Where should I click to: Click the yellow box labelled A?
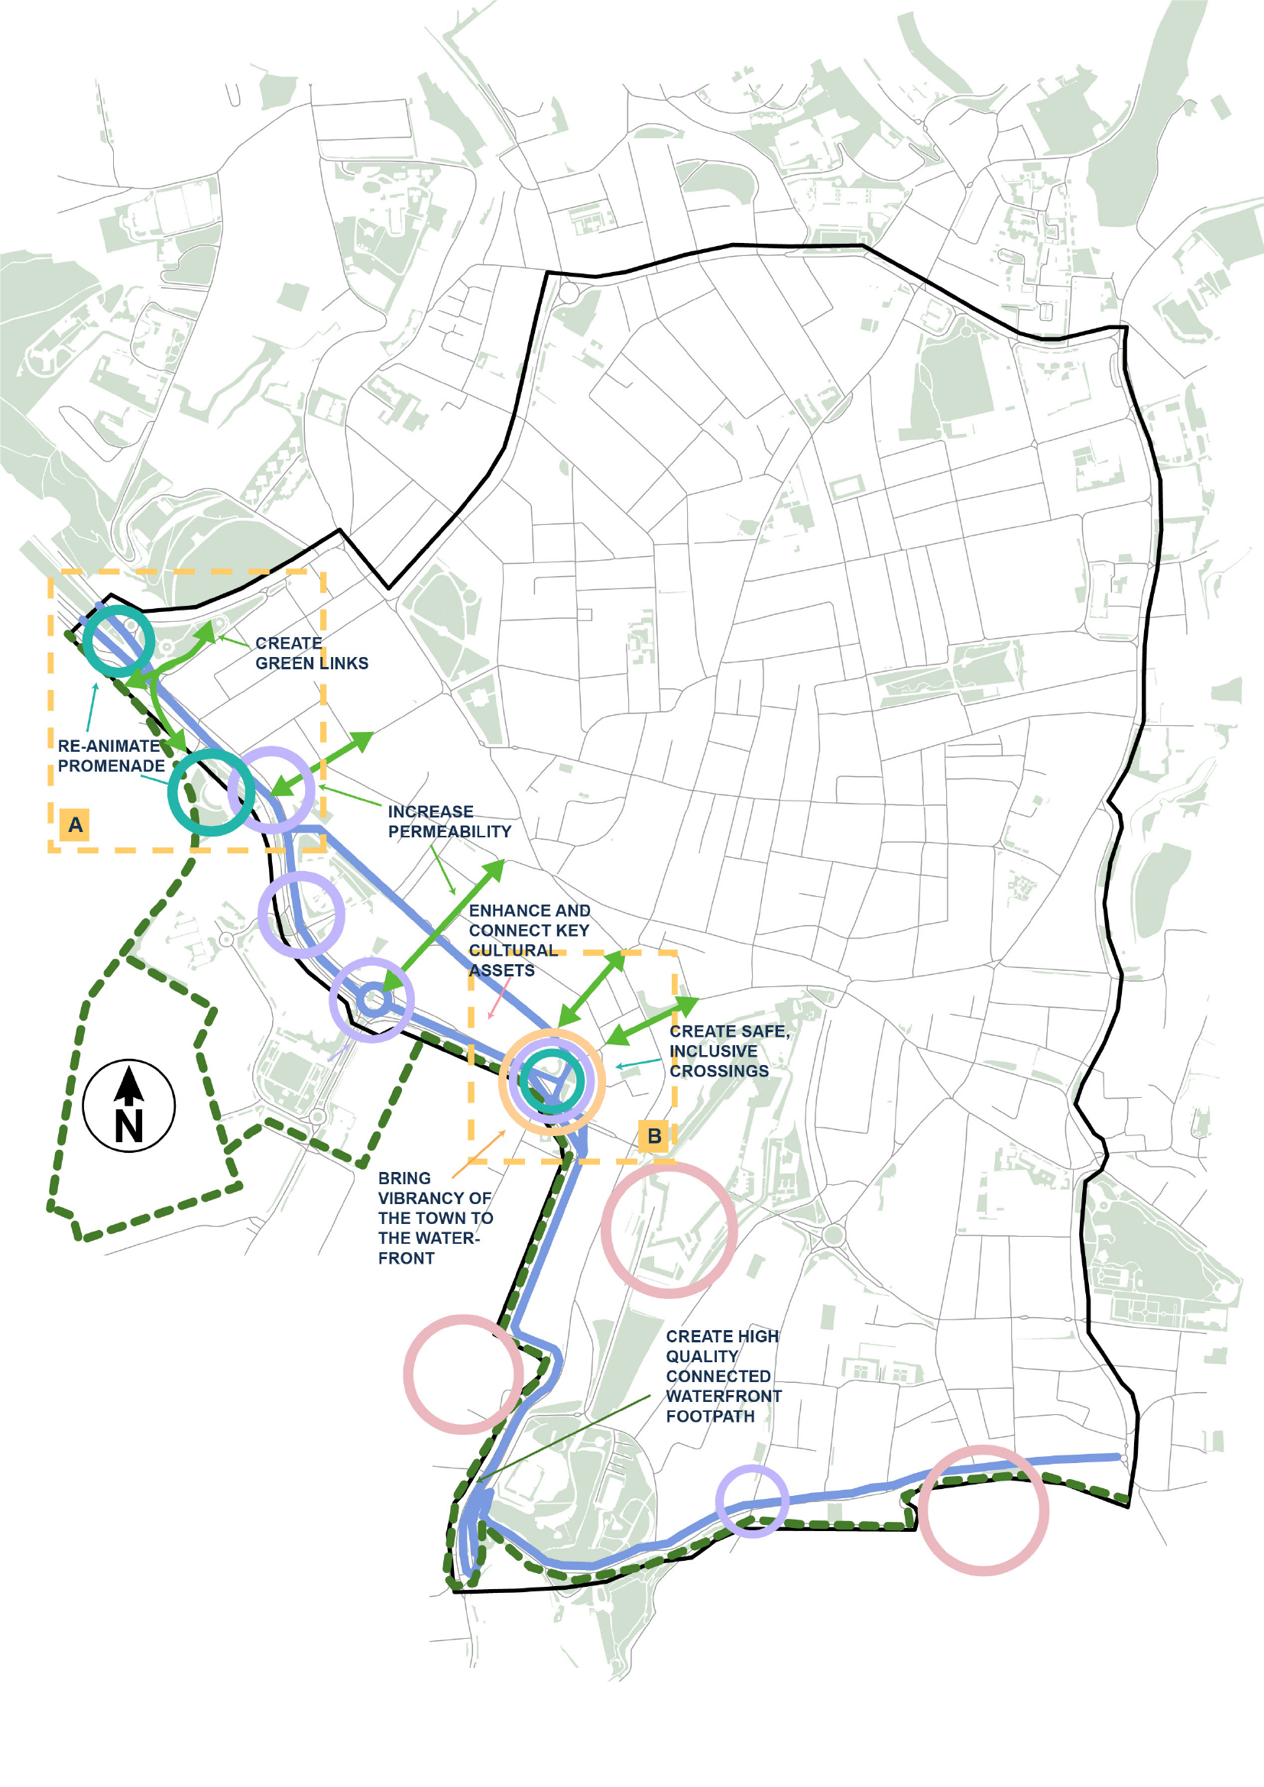coord(75,824)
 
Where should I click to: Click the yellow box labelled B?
coord(654,1136)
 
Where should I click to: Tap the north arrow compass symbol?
coord(129,1106)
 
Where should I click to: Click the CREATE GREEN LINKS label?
coord(311,653)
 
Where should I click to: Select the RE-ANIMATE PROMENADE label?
coord(111,756)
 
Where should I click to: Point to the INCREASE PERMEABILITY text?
coord(449,821)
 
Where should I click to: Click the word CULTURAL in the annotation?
coord(513,950)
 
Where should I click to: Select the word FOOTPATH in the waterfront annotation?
coord(710,1416)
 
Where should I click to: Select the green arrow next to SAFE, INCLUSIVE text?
coord(652,1021)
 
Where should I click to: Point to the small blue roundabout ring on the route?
coord(374,999)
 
